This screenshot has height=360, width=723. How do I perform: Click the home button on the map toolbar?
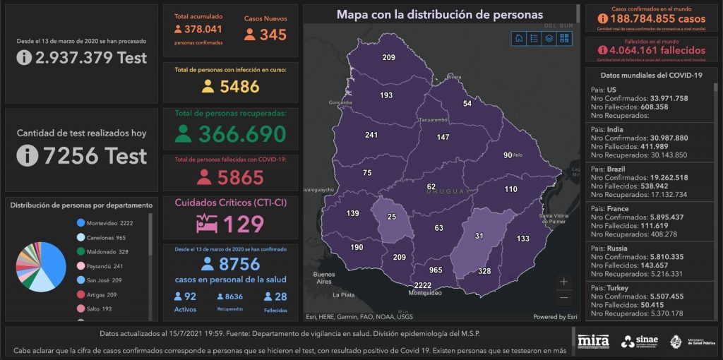520,38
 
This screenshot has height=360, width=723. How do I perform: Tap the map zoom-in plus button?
563,282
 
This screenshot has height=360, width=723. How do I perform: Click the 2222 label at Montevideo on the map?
424,284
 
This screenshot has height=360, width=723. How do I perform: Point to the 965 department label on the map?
436,270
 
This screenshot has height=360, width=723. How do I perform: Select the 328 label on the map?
484,271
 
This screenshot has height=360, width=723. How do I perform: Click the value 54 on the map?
467,104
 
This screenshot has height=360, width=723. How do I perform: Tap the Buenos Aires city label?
323,277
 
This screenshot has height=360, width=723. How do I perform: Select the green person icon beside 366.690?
184,134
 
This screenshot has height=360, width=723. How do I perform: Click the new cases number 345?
273,35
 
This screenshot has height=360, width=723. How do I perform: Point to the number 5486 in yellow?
240,87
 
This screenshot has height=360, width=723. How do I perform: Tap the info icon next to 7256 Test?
27,155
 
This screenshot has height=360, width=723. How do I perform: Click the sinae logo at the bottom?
639,342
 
